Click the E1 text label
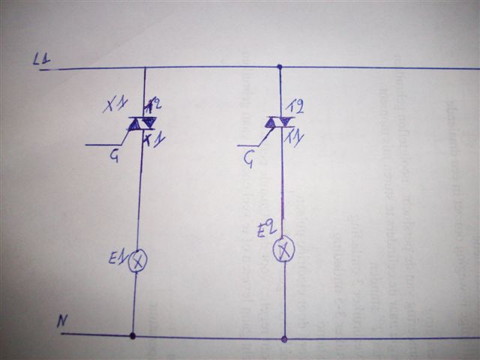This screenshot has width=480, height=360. click(116, 259)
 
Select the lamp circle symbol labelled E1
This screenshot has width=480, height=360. click(138, 261)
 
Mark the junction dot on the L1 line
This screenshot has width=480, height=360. click(280, 67)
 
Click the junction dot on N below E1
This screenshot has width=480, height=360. click(133, 335)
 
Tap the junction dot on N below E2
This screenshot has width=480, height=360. click(283, 338)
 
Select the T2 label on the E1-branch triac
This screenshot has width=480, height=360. click(155, 106)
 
